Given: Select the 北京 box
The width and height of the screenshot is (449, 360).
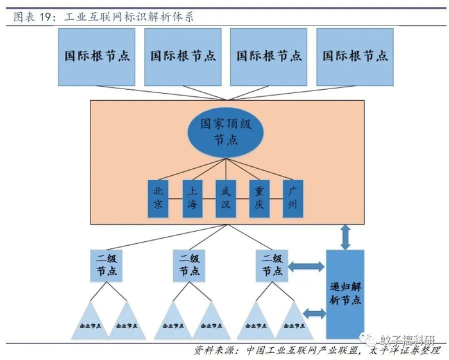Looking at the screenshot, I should tap(158, 198).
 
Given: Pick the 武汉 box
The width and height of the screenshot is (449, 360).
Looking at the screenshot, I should tap(225, 198).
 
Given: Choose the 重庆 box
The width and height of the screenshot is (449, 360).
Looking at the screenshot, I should tap(258, 198).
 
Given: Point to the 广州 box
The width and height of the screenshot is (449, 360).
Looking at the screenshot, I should tap(292, 198).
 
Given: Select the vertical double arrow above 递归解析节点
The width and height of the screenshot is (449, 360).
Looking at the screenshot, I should tap(346, 237).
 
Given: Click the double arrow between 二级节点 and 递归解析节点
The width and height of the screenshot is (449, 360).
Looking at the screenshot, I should tap(307, 265).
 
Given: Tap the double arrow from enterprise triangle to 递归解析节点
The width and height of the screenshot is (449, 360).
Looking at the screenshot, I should tap(314, 313).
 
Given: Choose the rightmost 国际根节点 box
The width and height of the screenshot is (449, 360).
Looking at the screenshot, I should tap(355, 56).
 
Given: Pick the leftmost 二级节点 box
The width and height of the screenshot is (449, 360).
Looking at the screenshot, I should tap(106, 265).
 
